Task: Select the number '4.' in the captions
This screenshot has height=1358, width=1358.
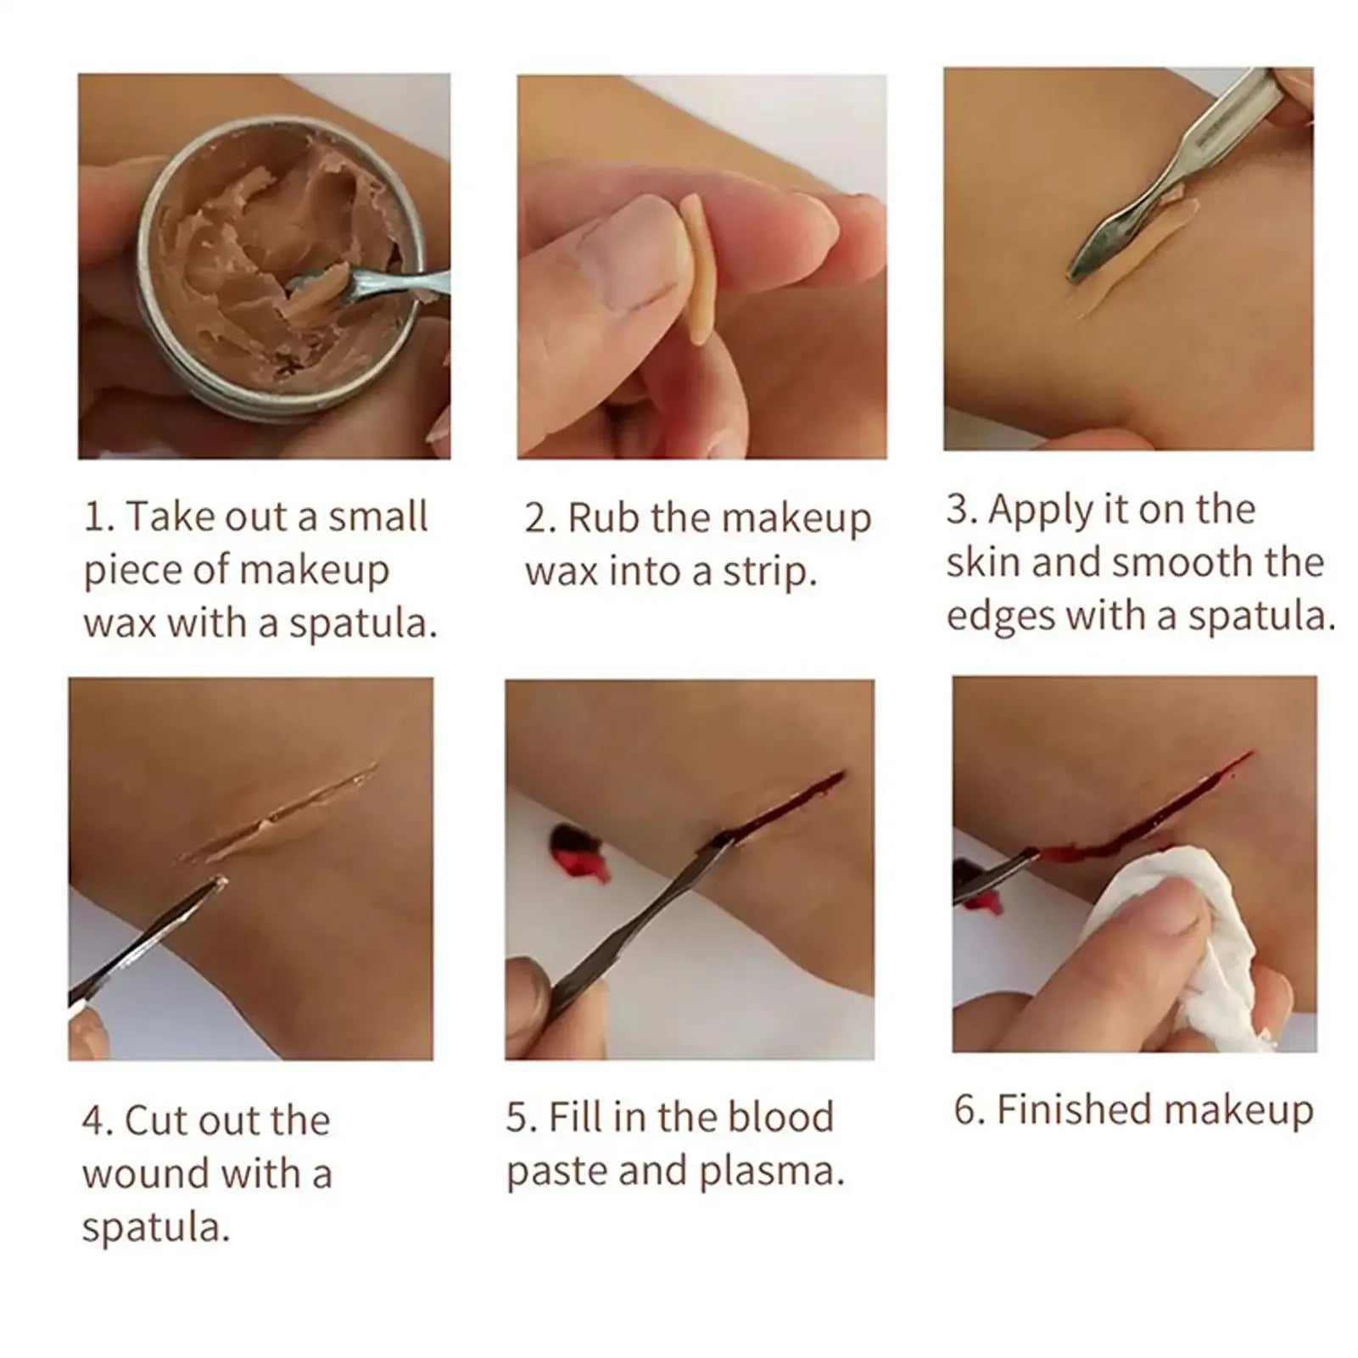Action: [x=99, y=1120]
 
